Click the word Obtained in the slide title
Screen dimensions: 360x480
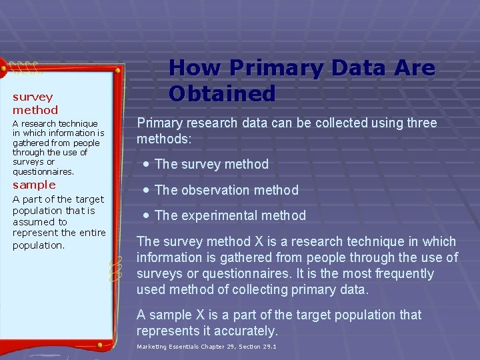(221, 93)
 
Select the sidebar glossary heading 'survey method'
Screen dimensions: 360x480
(35, 103)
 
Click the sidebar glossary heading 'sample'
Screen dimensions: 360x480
(34, 185)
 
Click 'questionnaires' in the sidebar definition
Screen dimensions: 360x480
(43, 171)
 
